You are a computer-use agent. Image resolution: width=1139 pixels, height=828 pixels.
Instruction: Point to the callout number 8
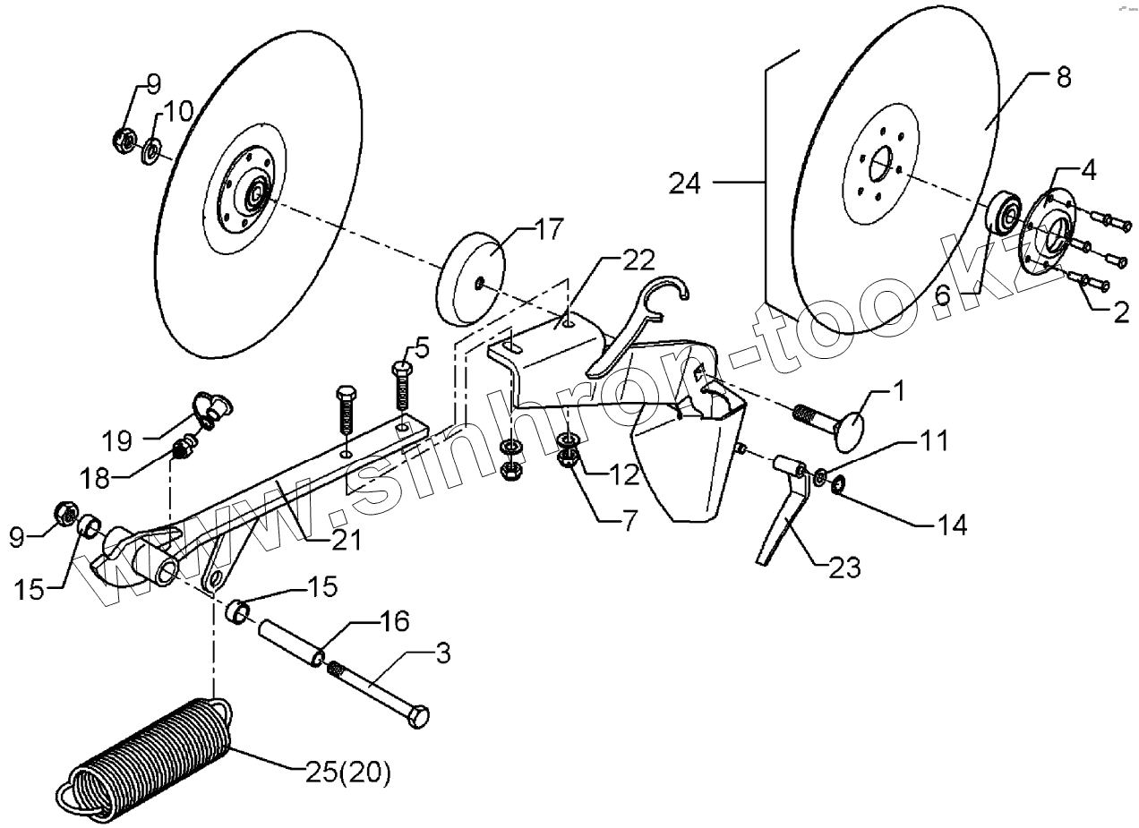click(1063, 77)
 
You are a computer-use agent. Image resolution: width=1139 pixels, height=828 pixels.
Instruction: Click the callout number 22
click(639, 261)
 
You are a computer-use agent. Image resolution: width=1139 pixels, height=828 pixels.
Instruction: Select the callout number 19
click(117, 440)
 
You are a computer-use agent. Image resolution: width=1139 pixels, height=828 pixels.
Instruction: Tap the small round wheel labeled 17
click(470, 279)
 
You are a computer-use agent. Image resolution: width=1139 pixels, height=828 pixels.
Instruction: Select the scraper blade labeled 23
click(782, 519)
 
